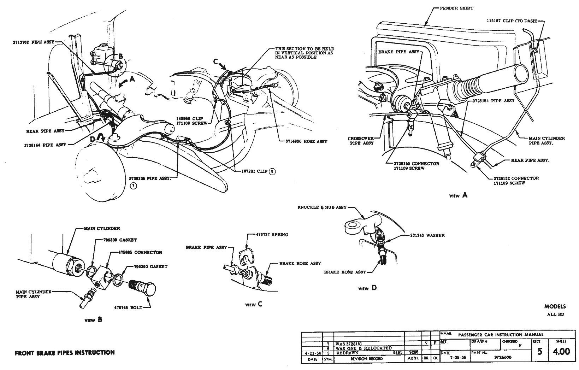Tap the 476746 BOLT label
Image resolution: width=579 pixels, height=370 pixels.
click(128, 307)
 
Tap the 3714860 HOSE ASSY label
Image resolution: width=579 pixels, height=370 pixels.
click(306, 141)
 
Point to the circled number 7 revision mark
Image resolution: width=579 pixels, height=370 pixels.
click(133, 187)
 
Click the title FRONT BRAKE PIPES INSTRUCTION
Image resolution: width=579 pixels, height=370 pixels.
click(65, 352)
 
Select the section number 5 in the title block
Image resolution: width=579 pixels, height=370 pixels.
click(539, 352)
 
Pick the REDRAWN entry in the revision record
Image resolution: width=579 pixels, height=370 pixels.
click(348, 353)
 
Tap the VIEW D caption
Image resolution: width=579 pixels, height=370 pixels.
click(367, 288)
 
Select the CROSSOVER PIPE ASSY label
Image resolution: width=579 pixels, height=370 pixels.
click(360, 141)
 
